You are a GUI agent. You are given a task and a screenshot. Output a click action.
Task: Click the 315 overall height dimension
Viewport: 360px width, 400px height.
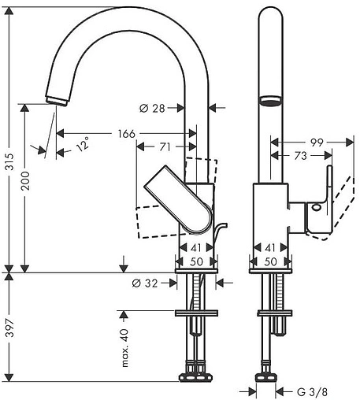point(10,162)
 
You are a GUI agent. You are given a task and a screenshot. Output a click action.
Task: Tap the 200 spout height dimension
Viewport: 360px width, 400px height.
point(25,181)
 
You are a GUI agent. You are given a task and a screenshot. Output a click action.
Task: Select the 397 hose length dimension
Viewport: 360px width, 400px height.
point(10,328)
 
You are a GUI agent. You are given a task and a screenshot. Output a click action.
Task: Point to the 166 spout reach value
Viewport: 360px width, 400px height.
point(126,134)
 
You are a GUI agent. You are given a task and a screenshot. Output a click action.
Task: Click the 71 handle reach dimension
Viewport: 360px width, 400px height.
point(165,147)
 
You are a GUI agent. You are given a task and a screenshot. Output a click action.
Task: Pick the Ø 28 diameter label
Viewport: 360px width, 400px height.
point(152,108)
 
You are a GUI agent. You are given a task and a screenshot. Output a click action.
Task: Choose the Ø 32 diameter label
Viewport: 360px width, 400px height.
point(145,283)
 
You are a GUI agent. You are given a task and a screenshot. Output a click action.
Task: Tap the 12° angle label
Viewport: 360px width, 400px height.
point(83,144)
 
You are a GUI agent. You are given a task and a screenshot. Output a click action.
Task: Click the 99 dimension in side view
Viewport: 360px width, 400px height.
point(317,143)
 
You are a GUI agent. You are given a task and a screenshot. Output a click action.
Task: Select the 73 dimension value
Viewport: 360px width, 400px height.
point(301,156)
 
